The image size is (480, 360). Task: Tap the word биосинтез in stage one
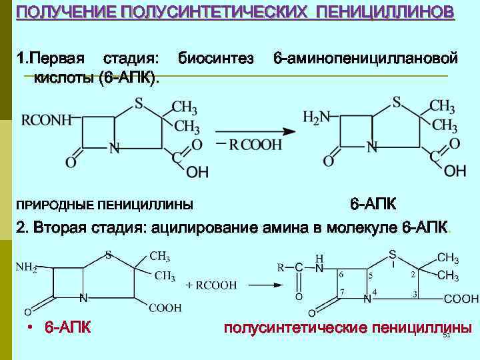pos(215,59)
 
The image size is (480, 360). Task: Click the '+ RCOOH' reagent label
pos(211,285)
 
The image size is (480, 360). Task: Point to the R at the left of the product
pos(281,267)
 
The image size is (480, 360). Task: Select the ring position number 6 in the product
pos(341,274)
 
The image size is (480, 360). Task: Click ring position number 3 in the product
pos(415,293)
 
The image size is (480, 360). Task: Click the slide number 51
pos(447,335)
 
